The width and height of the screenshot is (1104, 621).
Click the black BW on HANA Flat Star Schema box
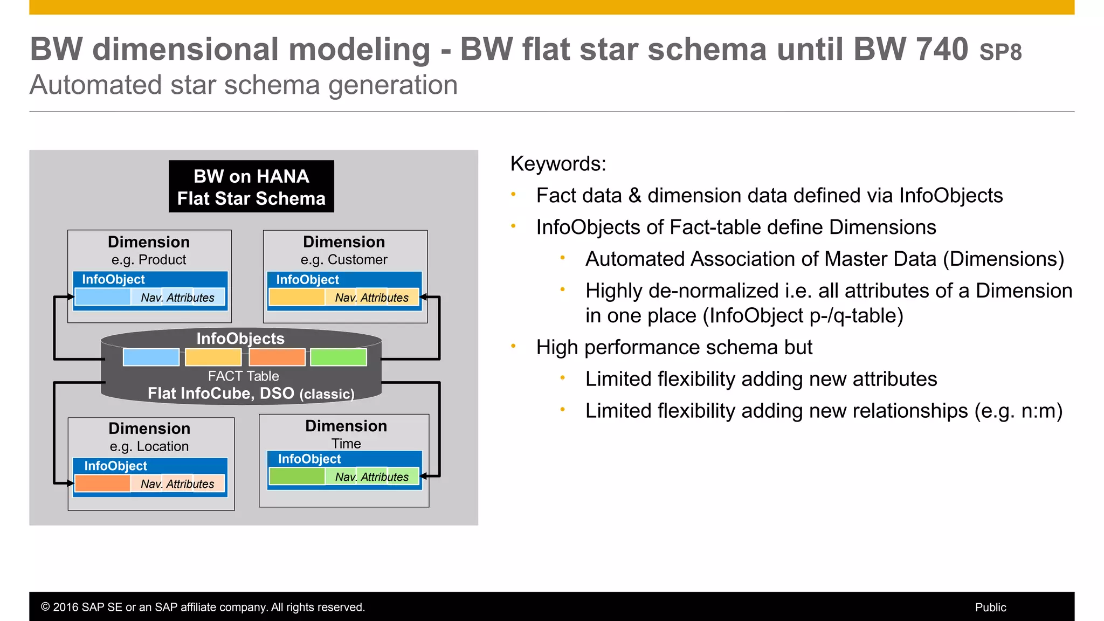point(251,187)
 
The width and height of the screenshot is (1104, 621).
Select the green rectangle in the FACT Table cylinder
point(339,357)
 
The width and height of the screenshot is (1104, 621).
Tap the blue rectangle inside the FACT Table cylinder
point(151,357)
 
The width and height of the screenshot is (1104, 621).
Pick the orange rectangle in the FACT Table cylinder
point(277,357)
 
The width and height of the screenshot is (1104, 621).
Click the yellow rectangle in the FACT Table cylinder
point(213,357)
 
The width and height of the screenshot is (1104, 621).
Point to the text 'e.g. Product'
point(149,260)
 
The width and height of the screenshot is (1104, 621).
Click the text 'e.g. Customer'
point(344,260)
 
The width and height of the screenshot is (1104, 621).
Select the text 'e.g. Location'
point(149,446)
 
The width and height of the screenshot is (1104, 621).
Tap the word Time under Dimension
point(346,444)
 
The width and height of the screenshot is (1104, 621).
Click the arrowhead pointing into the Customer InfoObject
point(424,297)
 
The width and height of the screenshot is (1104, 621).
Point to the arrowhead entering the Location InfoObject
point(70,483)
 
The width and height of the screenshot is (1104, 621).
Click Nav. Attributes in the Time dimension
point(372,477)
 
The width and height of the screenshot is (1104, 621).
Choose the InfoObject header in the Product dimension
point(114,279)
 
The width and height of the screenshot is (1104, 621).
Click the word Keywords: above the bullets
point(558,164)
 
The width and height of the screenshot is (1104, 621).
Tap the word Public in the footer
point(990,608)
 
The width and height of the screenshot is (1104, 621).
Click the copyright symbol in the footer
point(45,608)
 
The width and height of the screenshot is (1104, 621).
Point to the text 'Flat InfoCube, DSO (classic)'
point(251,394)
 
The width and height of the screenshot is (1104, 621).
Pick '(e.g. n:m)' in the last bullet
point(1018,411)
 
